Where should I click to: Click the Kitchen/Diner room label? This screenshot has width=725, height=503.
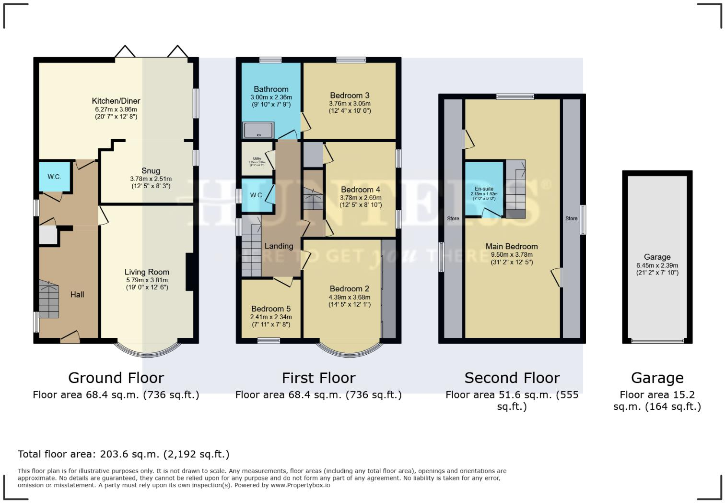[116, 101]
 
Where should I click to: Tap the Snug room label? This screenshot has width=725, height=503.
[151, 171]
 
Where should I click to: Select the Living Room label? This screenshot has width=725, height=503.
[147, 272]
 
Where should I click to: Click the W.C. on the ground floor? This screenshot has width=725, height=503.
[54, 177]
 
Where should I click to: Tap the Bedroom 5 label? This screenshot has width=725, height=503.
[271, 309]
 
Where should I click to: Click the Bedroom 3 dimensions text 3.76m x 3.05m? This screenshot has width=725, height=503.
[350, 103]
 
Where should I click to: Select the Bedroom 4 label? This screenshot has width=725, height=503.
[361, 190]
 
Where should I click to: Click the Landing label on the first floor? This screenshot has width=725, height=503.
[279, 246]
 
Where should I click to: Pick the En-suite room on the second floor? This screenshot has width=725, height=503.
[484, 190]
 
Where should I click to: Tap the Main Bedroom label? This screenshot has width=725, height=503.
[512, 246]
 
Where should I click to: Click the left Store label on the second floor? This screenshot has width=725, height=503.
[453, 219]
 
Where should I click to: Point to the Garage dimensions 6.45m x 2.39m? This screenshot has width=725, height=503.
[657, 265]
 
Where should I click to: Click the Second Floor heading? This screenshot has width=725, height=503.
[512, 378]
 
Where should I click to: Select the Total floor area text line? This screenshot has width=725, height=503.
[124, 454]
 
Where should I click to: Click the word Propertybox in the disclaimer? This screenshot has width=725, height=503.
[307, 485]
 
